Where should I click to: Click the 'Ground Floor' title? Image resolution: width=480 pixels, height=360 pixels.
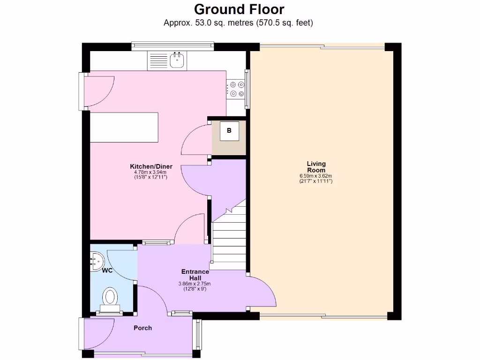pos(239,9)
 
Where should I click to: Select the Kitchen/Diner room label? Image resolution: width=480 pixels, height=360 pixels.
pos(151,166)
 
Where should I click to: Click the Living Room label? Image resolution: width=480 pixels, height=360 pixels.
pos(316,167)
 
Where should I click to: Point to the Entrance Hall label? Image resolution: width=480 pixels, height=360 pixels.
pos(195,275)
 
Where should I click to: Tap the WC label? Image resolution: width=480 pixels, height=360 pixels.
pos(107,270)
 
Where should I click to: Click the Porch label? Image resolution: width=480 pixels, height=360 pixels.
pos(142,328)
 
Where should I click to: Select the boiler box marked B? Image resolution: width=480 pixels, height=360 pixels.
pos(229,131)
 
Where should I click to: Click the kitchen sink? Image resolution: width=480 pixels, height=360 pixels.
pos(177,60)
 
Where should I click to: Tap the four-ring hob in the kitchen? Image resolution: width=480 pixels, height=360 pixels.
pos(236,89)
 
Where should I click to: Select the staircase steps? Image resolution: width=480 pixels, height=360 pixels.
pos(229,239)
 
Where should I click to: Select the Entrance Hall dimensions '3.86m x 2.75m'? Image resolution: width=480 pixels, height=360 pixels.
pos(195,284)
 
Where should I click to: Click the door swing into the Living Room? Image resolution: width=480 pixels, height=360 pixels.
pos(262,293)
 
